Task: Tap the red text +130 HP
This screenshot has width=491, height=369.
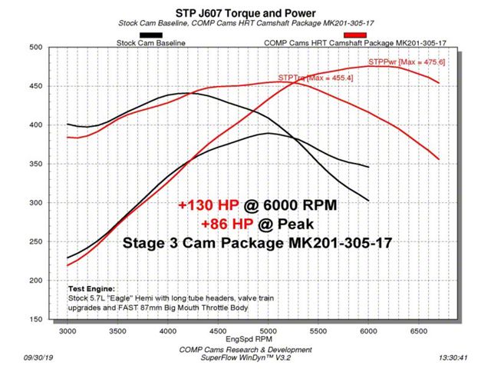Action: (x=203, y=206)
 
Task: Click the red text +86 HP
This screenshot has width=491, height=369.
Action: (x=229, y=224)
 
